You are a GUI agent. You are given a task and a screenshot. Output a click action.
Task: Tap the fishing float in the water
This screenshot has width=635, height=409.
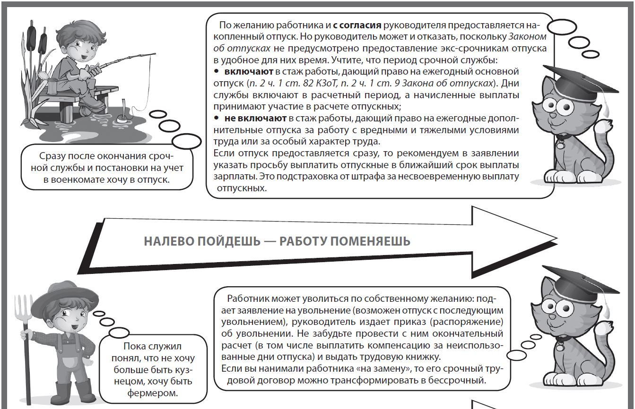pos(122,118)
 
